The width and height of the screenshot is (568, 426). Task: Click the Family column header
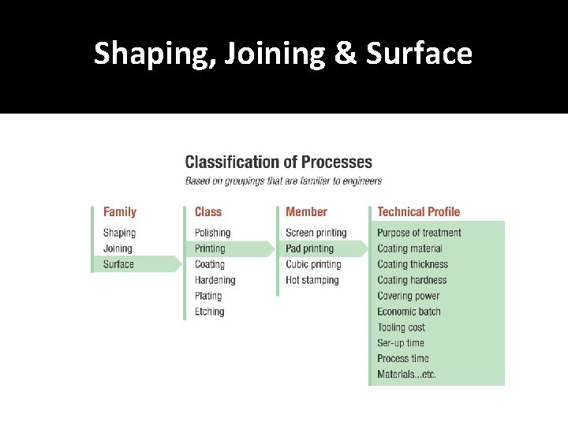[x=120, y=211]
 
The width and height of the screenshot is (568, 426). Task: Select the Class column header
[x=208, y=211]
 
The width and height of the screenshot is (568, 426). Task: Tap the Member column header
[x=306, y=211]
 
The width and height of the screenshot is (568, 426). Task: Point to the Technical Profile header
[x=418, y=211]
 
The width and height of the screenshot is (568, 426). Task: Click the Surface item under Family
[x=118, y=264]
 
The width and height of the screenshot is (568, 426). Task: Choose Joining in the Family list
[x=118, y=248]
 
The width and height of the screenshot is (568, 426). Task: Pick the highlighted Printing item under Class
[x=210, y=248]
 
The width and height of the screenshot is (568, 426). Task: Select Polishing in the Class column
[x=212, y=233]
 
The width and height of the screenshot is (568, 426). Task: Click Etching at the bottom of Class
[x=210, y=312]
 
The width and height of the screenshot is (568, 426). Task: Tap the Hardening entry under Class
[x=215, y=280]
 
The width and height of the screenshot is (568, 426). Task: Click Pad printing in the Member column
[x=309, y=248]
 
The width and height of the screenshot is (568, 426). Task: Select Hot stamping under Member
[x=312, y=280]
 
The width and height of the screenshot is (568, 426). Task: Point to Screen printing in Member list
[x=316, y=233]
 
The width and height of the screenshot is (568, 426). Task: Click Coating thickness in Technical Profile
[x=412, y=264]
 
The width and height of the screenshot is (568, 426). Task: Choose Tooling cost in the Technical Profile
[x=401, y=327]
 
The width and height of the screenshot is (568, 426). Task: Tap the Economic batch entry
[x=409, y=312]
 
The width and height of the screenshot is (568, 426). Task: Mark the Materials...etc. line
[x=406, y=375]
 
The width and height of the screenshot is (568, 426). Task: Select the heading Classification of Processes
[x=278, y=163]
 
